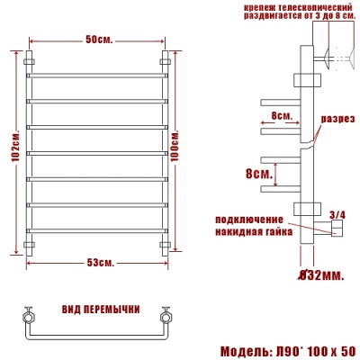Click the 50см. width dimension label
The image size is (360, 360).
coord(99,41)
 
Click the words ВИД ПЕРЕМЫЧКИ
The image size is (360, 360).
coord(101,310)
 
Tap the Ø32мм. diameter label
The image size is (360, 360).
coord(319,274)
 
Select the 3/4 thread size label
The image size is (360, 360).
coord(337,214)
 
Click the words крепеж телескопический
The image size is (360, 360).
coord(289,6)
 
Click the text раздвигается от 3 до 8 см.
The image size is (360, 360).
coord(289,17)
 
